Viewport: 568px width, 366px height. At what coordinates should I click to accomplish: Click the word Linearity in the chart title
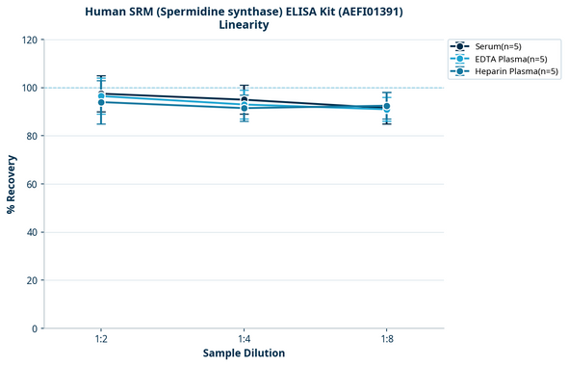click(244, 25)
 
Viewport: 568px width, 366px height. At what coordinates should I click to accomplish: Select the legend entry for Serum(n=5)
click(497, 46)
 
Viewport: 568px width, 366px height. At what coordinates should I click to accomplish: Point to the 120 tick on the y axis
click(29, 39)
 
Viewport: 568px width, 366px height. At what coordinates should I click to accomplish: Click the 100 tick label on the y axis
click(29, 88)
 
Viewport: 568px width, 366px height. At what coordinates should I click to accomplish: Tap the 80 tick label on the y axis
click(32, 136)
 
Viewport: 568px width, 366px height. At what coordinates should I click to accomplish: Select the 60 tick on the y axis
click(32, 184)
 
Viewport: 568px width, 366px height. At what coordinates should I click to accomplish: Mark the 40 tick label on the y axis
click(32, 232)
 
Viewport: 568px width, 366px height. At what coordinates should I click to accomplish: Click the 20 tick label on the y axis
click(32, 280)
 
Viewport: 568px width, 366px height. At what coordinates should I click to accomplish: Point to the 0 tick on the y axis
click(35, 328)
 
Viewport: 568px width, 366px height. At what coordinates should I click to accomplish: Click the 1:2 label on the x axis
click(101, 340)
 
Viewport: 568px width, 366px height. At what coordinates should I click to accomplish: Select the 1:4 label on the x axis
click(244, 340)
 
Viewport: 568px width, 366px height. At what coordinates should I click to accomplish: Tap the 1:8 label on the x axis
click(387, 340)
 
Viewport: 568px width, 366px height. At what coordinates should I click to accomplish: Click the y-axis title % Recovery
click(12, 184)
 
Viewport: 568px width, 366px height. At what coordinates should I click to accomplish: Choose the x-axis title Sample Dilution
click(244, 353)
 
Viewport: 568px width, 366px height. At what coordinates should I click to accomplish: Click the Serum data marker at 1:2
click(101, 93)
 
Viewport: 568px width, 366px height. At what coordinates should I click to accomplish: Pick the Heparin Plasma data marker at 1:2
click(101, 102)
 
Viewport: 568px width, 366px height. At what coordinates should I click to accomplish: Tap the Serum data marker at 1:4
click(244, 99)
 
